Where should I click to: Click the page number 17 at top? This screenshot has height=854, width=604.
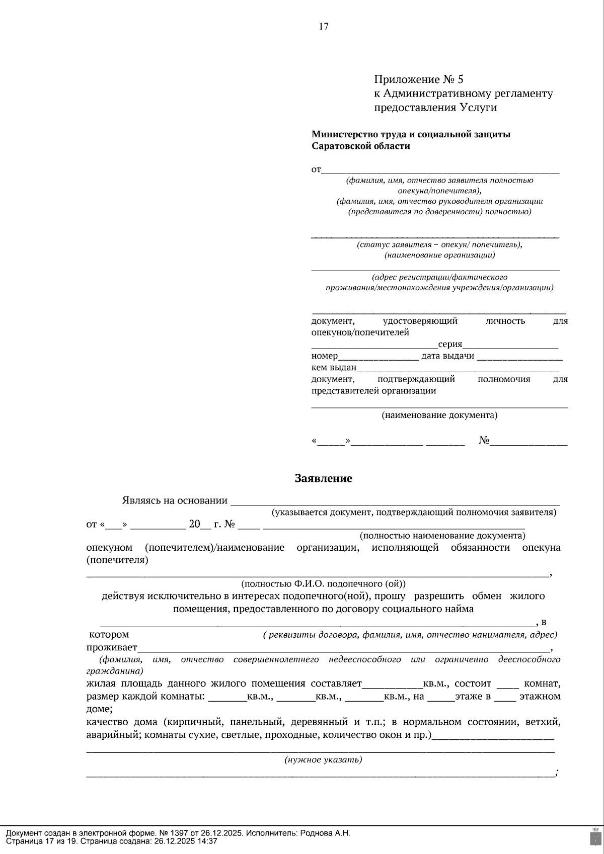(x=324, y=27)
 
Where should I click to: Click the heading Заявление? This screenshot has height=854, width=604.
(x=323, y=478)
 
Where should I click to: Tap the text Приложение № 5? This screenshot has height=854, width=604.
(x=418, y=79)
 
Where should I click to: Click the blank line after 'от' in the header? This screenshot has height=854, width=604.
(x=440, y=170)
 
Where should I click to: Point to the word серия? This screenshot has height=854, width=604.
(x=450, y=344)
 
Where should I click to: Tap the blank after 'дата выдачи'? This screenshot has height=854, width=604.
(x=519, y=356)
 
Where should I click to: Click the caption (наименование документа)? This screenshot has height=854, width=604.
(x=439, y=415)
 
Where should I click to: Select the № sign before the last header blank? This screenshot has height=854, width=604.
(x=484, y=441)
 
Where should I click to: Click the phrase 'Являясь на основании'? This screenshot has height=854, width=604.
(x=175, y=500)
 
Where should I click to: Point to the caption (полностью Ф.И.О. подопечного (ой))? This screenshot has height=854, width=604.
(x=323, y=584)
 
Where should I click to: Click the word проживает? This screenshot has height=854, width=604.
(x=111, y=647)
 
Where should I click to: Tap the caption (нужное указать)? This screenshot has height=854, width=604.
(x=323, y=760)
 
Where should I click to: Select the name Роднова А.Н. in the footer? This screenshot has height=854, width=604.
(x=325, y=833)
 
